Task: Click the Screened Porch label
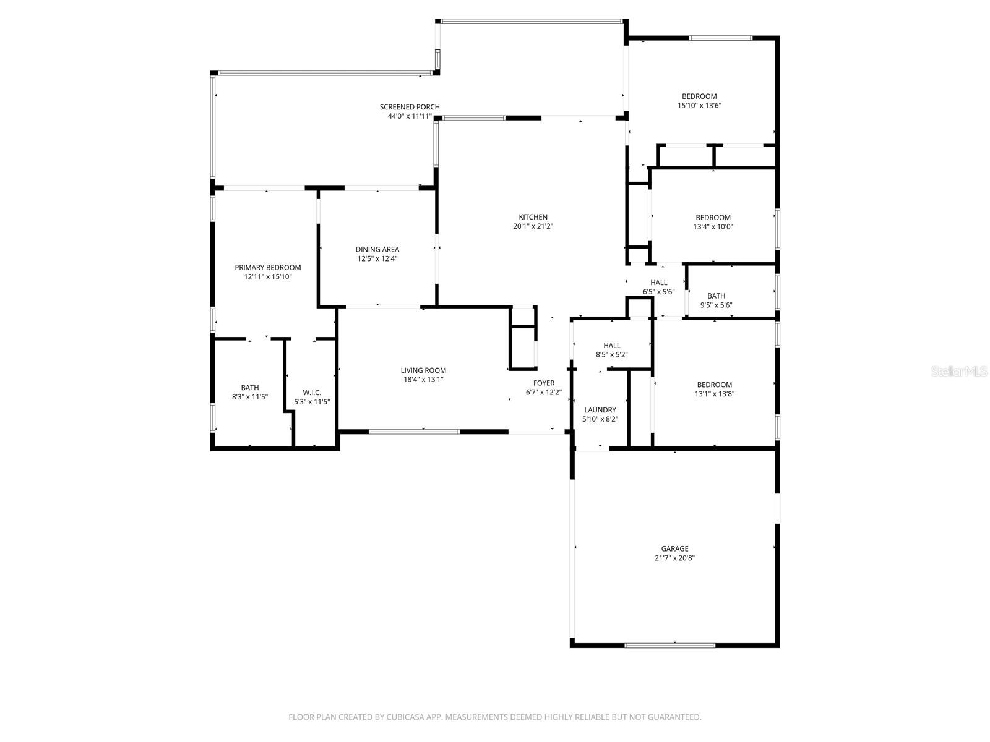410,107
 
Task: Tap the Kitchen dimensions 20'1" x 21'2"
533,226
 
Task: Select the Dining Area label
377,249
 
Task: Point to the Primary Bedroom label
267,267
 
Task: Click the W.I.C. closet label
312,392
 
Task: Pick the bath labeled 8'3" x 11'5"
250,392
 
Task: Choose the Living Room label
423,370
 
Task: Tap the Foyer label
544,383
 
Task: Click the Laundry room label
600,409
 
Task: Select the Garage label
674,548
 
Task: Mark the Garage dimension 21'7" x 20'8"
674,558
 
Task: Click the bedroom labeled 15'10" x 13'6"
699,101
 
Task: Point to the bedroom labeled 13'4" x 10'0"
713,222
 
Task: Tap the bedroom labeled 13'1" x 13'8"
714,389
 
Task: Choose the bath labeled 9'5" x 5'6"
716,300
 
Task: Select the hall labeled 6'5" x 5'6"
658,287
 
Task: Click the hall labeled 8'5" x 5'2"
611,350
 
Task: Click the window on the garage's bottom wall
669,646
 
